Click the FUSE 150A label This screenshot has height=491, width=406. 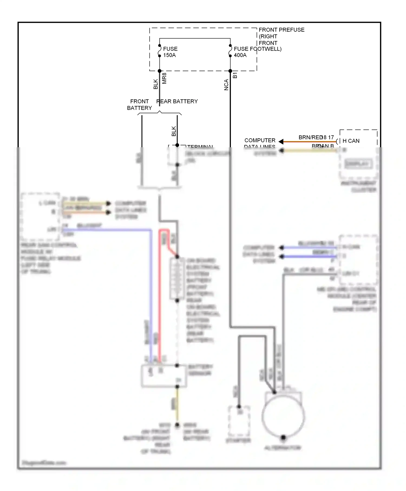[170, 52]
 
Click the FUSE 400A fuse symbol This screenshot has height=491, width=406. [230, 51]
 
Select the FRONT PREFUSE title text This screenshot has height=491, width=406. [281, 30]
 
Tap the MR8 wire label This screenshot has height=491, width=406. [164, 78]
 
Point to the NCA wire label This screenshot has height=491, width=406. [226, 85]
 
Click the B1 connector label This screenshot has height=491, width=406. [235, 75]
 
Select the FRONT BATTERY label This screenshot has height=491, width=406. [139, 104]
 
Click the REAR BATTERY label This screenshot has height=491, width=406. [177, 101]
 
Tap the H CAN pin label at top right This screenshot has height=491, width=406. [351, 141]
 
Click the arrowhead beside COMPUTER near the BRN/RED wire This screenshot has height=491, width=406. [281, 142]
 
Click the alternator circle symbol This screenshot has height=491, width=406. [283, 417]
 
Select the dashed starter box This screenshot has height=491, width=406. [239, 421]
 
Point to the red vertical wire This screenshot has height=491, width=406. [160, 298]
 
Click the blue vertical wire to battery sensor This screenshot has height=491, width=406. [151, 298]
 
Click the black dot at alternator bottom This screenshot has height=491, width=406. [283, 437]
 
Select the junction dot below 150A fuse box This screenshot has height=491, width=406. [159, 71]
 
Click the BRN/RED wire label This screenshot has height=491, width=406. [310, 138]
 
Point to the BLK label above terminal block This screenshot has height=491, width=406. [173, 131]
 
